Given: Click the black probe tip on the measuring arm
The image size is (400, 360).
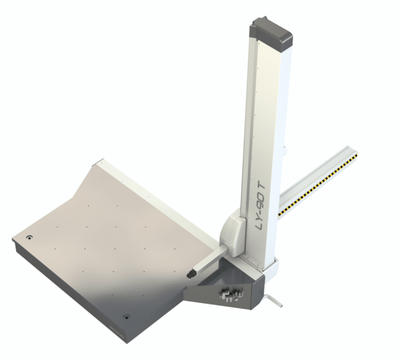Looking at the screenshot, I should (191, 273).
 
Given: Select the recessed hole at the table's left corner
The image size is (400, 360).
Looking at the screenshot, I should (29, 237).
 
